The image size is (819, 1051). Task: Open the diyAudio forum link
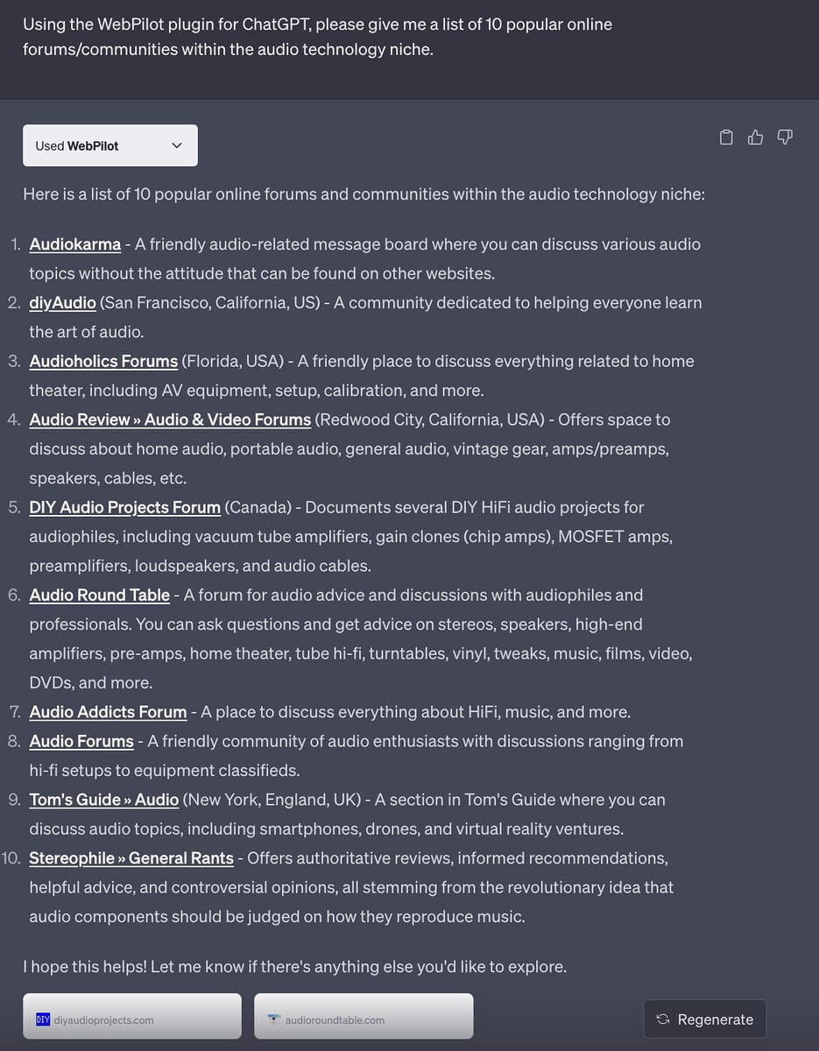(x=62, y=303)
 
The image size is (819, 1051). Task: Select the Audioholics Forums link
(x=103, y=361)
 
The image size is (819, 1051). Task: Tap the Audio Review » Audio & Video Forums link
(x=170, y=420)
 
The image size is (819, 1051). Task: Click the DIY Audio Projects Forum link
(x=124, y=507)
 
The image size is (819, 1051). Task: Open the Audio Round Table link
(x=99, y=595)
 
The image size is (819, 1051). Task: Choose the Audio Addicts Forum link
(x=108, y=712)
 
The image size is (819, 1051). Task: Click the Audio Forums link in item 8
(x=81, y=741)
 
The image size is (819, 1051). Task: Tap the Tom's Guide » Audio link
(x=103, y=800)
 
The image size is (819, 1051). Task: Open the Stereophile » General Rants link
(x=131, y=858)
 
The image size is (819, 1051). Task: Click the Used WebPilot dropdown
(x=109, y=145)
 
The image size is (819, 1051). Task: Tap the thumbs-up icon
(x=755, y=137)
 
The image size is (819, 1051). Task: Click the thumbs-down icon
(x=785, y=137)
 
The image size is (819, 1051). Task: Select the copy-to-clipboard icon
(x=725, y=137)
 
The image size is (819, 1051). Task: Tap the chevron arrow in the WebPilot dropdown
(x=177, y=145)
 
